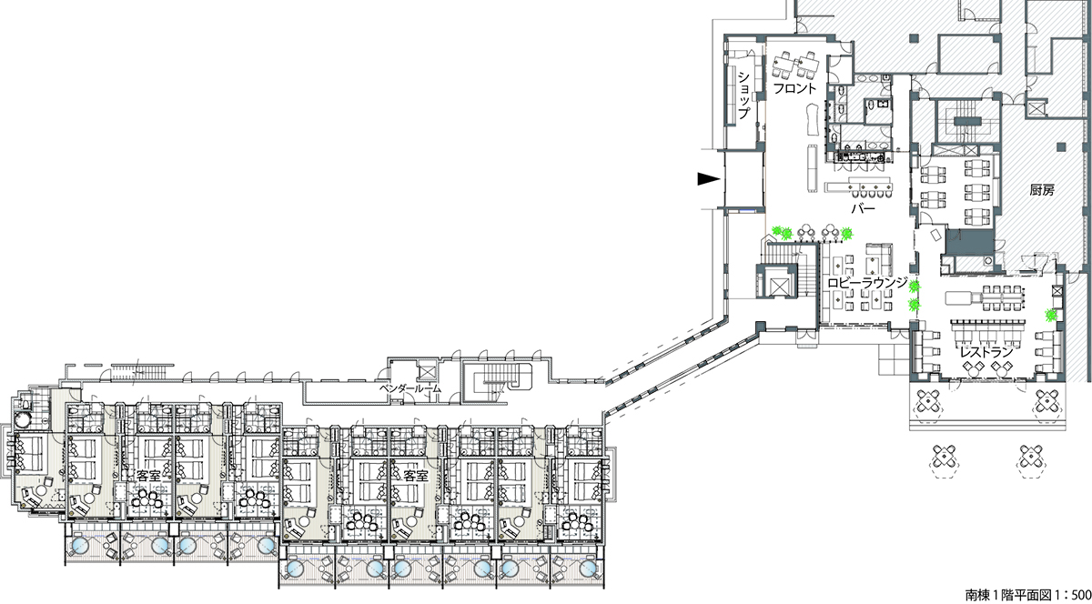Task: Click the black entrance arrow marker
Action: [x=709, y=179]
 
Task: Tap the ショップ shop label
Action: [x=743, y=96]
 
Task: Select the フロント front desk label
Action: [x=794, y=88]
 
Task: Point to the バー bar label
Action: [x=864, y=209]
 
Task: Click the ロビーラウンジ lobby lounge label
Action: [x=867, y=283]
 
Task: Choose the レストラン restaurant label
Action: [x=986, y=351]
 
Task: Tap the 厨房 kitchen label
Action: [x=1042, y=190]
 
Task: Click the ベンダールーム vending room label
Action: [x=410, y=388]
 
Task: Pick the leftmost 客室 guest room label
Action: [x=148, y=476]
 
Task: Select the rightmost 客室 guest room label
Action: [x=416, y=476]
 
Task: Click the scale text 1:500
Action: [x=1069, y=595]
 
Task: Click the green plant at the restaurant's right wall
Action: [x=1051, y=315]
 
